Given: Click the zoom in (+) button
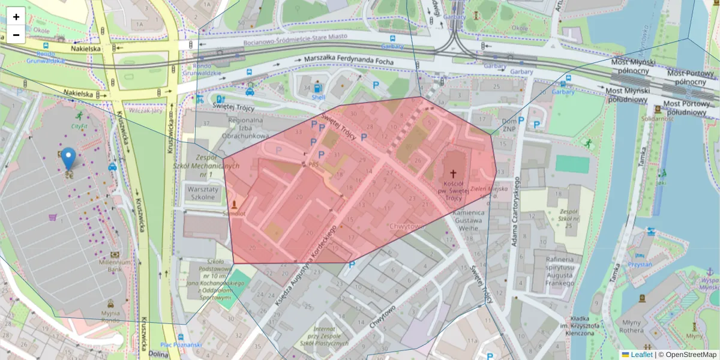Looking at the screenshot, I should [16, 17].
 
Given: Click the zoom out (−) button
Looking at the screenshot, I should [16, 35].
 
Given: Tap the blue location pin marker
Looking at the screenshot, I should [69, 159].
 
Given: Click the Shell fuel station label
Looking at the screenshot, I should [318, 97].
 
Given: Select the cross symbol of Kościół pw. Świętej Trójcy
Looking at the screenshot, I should [453, 173].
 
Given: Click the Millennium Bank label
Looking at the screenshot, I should [115, 266].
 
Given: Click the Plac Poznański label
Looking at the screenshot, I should [181, 345].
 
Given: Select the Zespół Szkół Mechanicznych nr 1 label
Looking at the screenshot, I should [214, 166].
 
